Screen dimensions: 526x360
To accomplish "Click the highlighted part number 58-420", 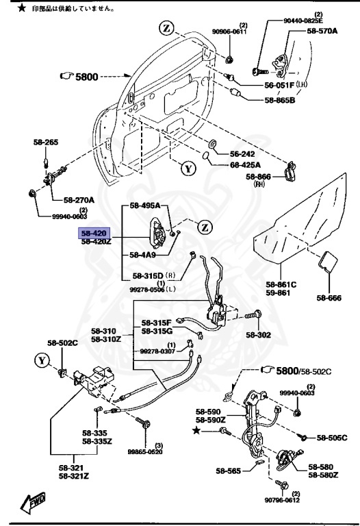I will [94, 233].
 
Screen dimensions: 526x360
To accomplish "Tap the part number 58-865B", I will [279, 101].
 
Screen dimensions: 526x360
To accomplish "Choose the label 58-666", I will [329, 297].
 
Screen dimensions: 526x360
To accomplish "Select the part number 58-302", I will [278, 335].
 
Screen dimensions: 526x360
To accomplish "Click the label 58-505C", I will [331, 437].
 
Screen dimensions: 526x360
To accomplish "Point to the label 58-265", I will [46, 142].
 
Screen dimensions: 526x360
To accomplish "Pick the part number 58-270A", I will [80, 200].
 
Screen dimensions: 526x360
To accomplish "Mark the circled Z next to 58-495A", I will [205, 227].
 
